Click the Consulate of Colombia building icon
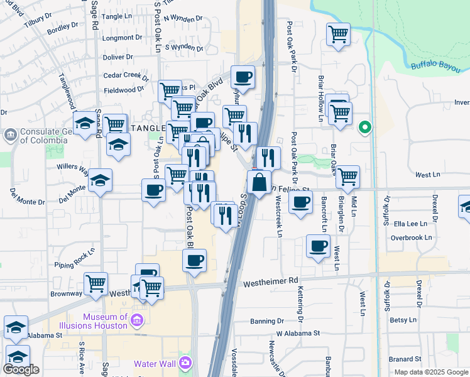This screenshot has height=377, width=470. (10, 135)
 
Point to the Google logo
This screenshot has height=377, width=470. (21, 369)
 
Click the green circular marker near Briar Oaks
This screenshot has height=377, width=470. (364, 128)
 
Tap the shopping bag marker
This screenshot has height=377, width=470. (259, 183)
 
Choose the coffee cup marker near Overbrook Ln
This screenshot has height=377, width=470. (318, 246)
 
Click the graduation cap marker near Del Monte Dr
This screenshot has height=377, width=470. (100, 181)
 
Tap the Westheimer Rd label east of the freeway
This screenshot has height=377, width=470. (270, 282)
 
